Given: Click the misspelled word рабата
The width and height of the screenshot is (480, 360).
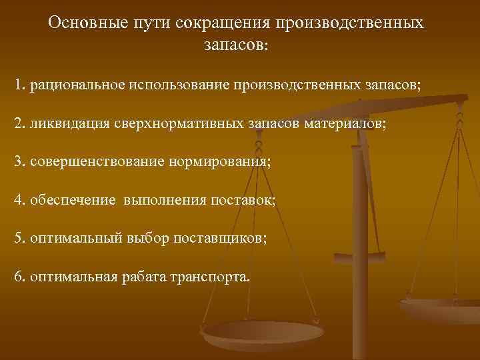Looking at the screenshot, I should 135,276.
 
